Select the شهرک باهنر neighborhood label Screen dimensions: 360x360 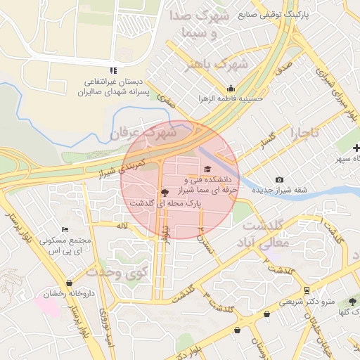coord(216,65)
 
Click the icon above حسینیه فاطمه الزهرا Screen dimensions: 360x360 coord(231,88)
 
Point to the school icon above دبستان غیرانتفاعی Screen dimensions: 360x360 coord(113,70)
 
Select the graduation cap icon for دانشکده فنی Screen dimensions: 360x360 coord(207,169)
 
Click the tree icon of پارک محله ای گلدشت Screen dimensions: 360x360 coord(165,191)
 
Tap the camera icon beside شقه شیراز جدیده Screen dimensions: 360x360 coord(280,180)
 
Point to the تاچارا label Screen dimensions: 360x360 coord(306,132)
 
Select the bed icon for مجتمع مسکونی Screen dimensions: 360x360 coord(65,230)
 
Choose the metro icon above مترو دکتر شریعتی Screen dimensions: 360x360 coord(307,290)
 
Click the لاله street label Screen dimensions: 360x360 coord(122,225)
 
